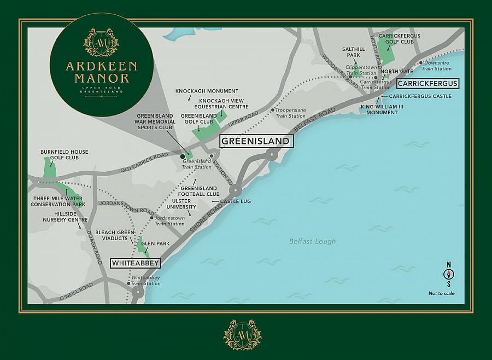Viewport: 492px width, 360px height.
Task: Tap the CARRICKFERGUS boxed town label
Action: (427, 84)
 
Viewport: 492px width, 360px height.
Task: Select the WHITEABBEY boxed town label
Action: (135, 263)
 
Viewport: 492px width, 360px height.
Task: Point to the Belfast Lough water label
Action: (313, 241)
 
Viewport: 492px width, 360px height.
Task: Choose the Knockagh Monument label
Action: (207, 91)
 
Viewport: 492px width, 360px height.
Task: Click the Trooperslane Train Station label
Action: (290, 113)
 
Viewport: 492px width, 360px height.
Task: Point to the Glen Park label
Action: (155, 243)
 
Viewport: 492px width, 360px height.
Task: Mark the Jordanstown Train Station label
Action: (169, 221)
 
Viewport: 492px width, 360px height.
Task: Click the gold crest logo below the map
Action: (242, 334)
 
